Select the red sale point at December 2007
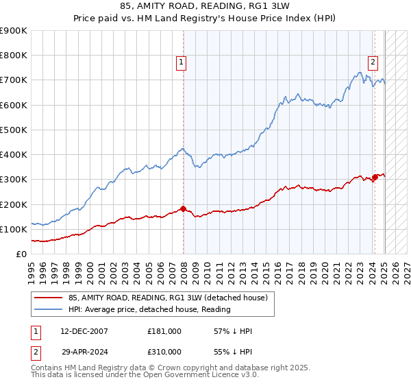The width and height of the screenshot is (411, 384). tap(183, 208)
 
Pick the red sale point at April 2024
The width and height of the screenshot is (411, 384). tap(375, 177)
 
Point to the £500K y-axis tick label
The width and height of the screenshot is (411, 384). tap(14, 130)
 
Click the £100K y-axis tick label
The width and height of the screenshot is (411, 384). tap(14, 229)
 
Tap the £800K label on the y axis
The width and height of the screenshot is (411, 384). tap(14, 56)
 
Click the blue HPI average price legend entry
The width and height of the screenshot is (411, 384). tap(149, 309)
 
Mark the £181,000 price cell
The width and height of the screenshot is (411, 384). tap(164, 331)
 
